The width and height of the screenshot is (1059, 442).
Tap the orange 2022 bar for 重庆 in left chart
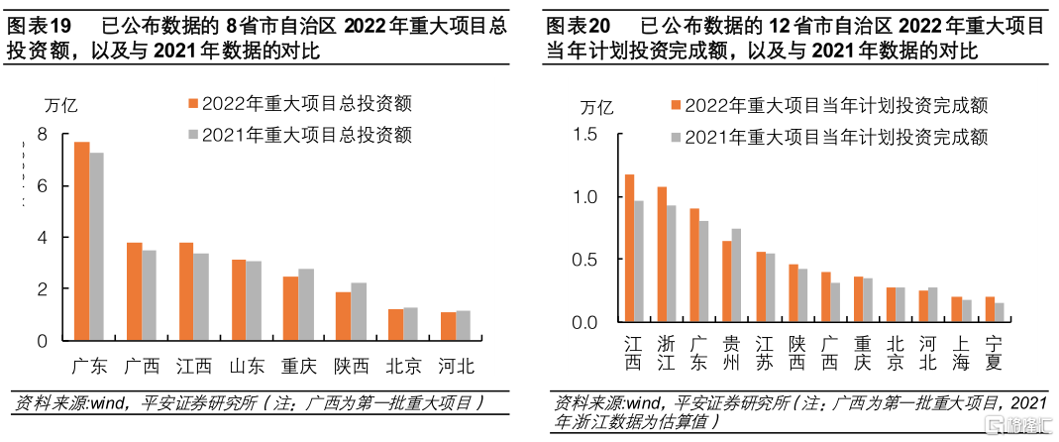pos(290,308)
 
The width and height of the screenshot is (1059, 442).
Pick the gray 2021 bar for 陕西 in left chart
pos(358,311)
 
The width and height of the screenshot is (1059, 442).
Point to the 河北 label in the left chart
pos(456,366)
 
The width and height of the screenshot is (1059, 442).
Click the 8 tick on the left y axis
pos(41,135)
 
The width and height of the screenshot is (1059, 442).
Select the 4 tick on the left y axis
pos(41,238)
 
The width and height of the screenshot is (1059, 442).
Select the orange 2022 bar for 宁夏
pos(990,309)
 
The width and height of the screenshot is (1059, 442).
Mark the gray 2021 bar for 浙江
pos(672,264)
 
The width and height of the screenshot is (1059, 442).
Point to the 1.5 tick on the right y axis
pos(586,135)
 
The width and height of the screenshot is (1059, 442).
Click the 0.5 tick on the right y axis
pos(586,260)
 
